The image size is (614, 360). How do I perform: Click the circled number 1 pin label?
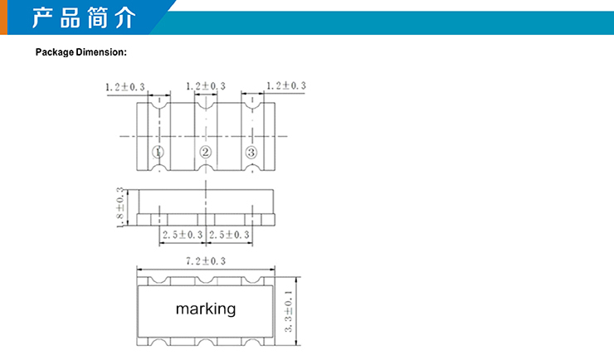[158, 152]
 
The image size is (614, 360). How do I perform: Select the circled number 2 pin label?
[206, 152]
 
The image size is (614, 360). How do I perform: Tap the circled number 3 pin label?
[251, 153]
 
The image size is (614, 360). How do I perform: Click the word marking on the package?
[206, 309]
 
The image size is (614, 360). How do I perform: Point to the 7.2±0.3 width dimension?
[206, 261]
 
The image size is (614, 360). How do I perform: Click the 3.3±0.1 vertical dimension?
[289, 311]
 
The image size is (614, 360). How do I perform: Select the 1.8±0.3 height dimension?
[120, 207]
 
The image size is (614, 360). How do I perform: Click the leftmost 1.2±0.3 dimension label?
[125, 87]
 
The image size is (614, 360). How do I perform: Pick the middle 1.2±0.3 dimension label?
[206, 86]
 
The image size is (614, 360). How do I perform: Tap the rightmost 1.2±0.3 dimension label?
[286, 85]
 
